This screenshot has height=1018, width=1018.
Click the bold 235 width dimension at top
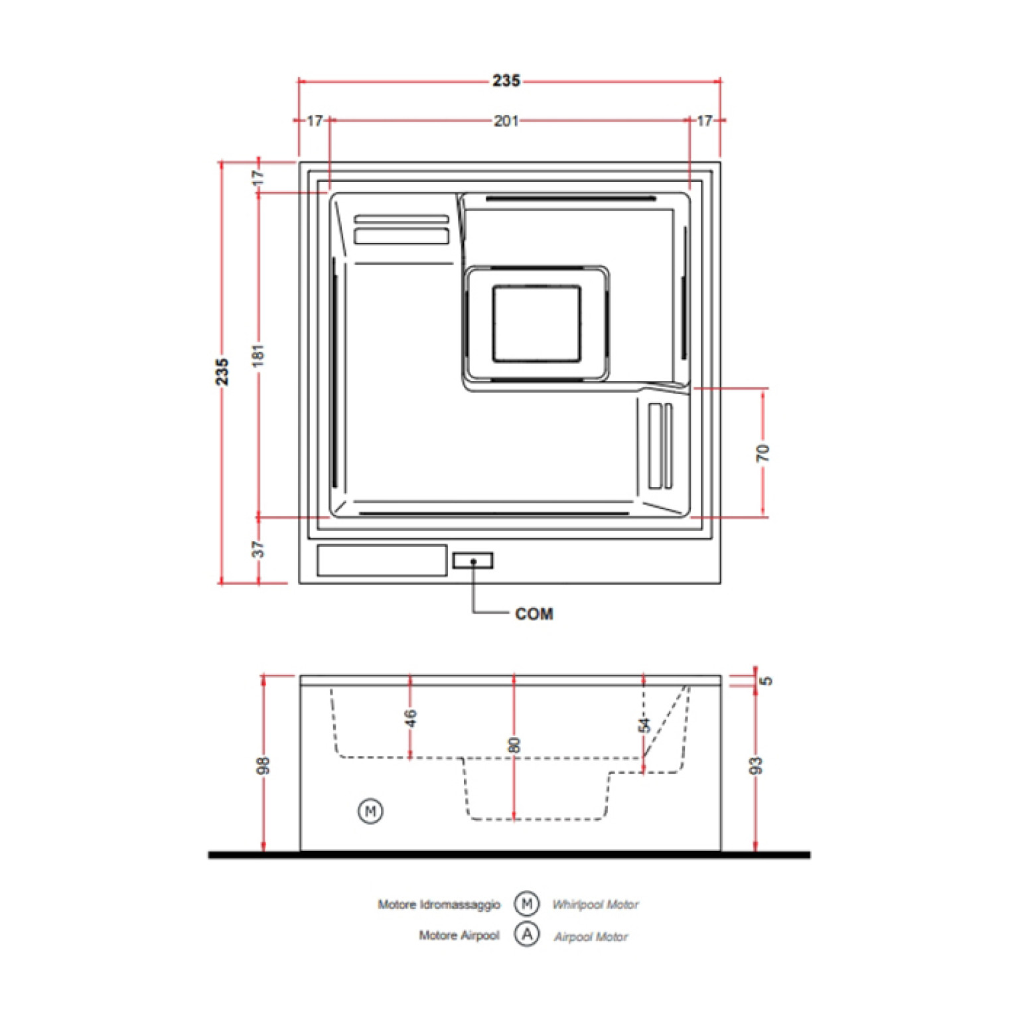click(506, 81)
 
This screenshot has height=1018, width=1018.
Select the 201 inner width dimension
click(506, 121)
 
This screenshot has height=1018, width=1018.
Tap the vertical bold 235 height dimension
click(222, 372)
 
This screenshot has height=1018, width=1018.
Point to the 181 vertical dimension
click(258, 356)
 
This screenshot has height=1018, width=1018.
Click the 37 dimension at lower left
click(258, 549)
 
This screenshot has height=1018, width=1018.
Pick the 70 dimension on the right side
click(763, 453)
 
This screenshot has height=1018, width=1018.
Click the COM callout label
click(534, 614)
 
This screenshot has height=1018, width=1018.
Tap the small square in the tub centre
click(537, 324)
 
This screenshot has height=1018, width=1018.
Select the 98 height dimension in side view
click(263, 765)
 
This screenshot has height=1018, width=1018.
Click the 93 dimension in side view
click(756, 766)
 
